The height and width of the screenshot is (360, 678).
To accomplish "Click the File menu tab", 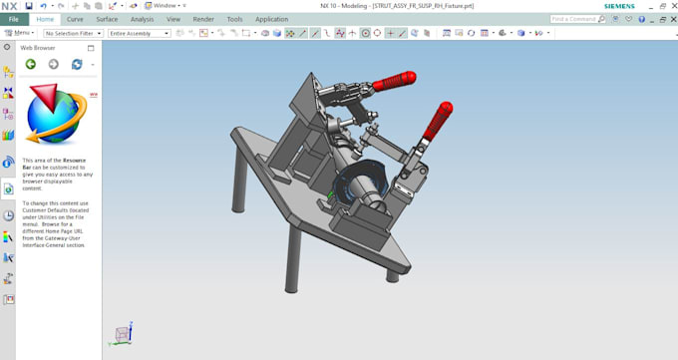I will tap(14, 19).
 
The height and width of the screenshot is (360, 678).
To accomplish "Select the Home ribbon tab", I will tap(45, 19).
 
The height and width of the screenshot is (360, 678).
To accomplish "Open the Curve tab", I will tap(75, 19).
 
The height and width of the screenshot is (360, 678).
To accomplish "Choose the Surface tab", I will tap(107, 19).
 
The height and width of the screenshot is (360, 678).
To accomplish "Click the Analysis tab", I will tap(142, 19).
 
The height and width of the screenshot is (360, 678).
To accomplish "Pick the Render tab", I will tap(202, 19).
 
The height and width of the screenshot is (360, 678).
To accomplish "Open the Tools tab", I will tap(234, 19).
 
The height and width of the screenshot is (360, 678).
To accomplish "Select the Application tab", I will tap(271, 19).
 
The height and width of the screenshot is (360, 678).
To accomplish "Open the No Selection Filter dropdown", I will tap(72, 33).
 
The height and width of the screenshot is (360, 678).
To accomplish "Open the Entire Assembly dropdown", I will tap(139, 33).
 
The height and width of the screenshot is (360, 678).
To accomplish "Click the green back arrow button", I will tap(31, 64).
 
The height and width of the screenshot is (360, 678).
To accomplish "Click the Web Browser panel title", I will tap(38, 47).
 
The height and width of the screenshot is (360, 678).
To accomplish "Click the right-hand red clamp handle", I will tap(436, 118).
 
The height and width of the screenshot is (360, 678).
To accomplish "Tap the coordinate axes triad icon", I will tap(123, 332).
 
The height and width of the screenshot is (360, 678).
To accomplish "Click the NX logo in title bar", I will tap(9, 6).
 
